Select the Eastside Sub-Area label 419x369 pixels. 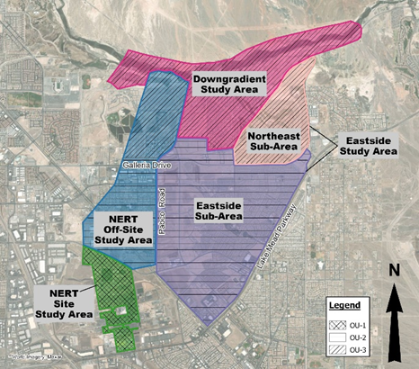pyautogui.click(x=220, y=211)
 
